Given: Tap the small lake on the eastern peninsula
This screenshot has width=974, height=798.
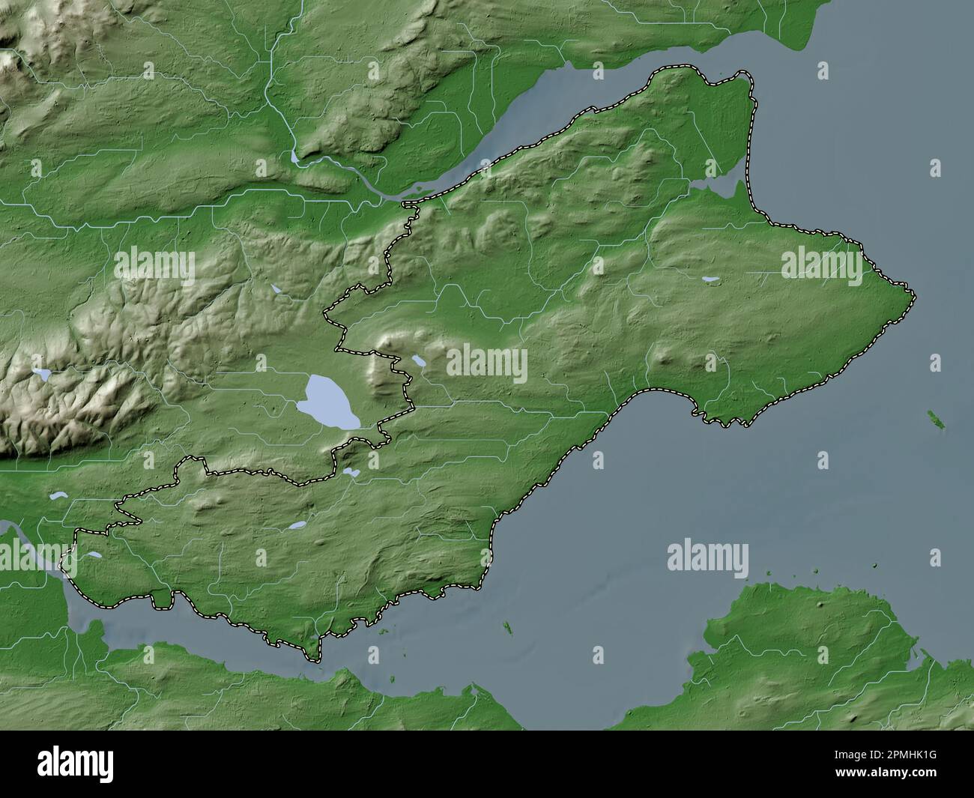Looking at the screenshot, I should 709,281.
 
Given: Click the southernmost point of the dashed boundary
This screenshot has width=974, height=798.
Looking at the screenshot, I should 315,660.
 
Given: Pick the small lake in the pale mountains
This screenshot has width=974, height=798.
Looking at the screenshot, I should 43,373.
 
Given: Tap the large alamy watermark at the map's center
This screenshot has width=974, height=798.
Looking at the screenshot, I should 487,363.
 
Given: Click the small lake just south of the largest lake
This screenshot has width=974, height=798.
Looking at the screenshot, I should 351,472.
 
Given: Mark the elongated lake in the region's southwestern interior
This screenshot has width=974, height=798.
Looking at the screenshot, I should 297,526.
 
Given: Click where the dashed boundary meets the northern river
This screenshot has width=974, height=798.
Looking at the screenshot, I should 408,202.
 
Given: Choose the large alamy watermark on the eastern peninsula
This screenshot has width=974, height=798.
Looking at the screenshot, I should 822,265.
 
